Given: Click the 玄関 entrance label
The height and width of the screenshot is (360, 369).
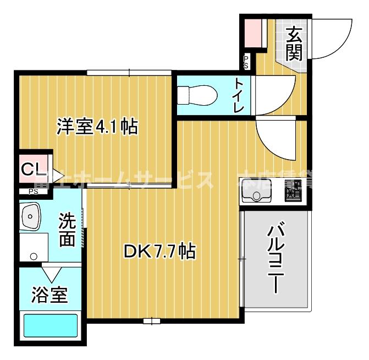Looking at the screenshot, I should tap(294, 43).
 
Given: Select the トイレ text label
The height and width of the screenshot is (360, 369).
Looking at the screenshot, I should tap(239, 95).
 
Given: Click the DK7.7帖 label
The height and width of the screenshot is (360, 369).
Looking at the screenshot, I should tap(158, 252).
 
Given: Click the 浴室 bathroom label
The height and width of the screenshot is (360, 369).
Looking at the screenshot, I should tap(49, 295).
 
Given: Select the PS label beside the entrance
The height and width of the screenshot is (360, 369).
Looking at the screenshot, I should tap(246, 62).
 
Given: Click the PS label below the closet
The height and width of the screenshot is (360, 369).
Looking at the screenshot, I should tap(33, 192).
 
